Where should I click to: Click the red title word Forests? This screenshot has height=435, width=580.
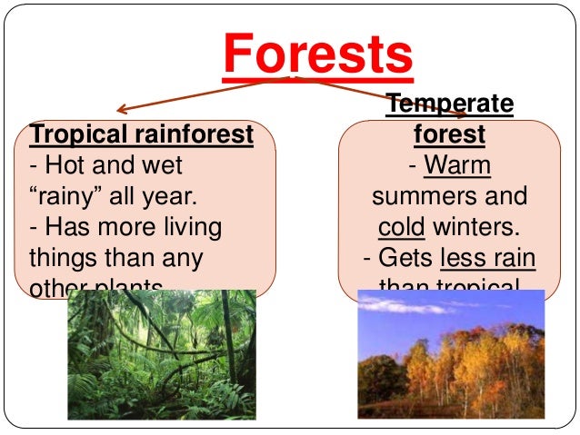[x=317, y=55]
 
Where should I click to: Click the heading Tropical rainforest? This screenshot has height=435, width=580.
[x=141, y=135]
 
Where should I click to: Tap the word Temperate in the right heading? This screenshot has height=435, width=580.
[x=450, y=105]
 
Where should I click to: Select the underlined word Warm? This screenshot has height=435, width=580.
[x=457, y=166]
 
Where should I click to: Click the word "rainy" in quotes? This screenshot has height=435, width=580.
[x=65, y=196]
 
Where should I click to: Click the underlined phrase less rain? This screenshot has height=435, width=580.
[x=487, y=259]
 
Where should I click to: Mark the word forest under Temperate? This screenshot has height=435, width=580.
[x=449, y=135]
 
